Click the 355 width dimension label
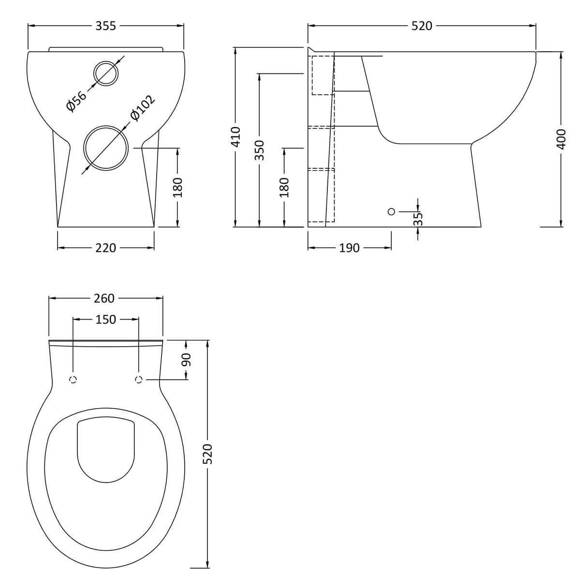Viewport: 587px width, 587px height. [x=105, y=26]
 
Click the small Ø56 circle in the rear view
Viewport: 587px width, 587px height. [x=106, y=73]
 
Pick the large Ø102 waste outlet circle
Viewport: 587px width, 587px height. [x=107, y=148]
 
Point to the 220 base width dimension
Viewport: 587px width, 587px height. [x=105, y=248]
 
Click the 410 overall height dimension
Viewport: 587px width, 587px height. [x=235, y=136]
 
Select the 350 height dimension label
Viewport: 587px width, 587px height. [x=260, y=150]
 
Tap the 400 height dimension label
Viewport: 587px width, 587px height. [x=561, y=139]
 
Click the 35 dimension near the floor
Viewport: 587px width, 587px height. [x=419, y=219]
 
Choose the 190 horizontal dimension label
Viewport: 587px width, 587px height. [x=349, y=248]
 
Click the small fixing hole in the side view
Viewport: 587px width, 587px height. [x=391, y=211]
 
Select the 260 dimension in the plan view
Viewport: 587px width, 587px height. [x=104, y=298]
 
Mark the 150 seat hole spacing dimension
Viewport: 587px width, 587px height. [x=105, y=320]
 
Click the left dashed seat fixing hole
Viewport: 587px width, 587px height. [x=73, y=380]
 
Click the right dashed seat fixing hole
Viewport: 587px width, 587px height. [x=139, y=380]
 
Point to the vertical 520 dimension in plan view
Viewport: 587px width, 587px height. [x=207, y=454]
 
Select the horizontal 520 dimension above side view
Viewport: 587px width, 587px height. [x=422, y=26]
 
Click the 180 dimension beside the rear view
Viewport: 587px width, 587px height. [x=178, y=187]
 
